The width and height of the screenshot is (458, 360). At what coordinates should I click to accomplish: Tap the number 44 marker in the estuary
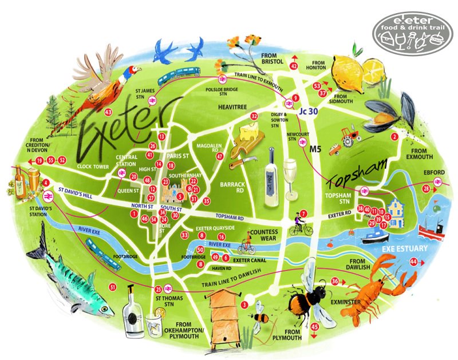pyautogui.click(x=414, y=262)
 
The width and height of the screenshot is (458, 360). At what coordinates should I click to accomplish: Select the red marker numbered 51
pyautogui.click(x=113, y=287)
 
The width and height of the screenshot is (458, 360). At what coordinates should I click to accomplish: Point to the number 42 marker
pyautogui.click(x=294, y=66)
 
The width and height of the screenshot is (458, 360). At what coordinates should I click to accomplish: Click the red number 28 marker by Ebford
pyautogui.click(x=426, y=189)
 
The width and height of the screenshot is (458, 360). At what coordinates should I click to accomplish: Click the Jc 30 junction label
pyautogui.click(x=307, y=111)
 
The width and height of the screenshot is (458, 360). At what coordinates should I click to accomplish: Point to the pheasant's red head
pyautogui.click(x=136, y=70)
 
